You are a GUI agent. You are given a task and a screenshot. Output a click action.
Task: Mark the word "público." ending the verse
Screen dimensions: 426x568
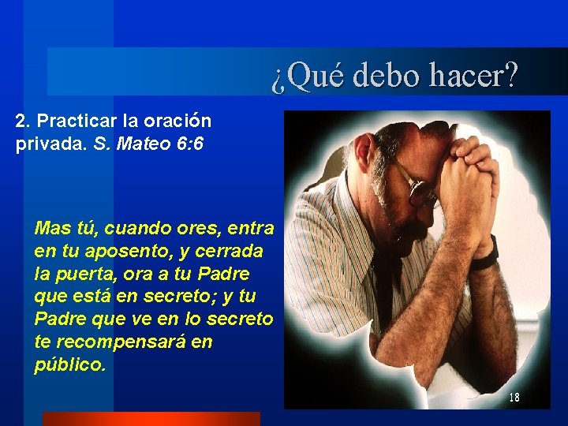(69, 366)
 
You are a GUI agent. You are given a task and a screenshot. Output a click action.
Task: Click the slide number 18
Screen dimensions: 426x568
(514, 398)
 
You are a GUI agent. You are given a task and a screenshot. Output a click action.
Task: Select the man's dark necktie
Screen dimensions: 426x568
(384, 292)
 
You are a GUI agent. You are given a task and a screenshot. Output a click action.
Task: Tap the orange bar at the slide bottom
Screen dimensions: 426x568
(151, 419)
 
